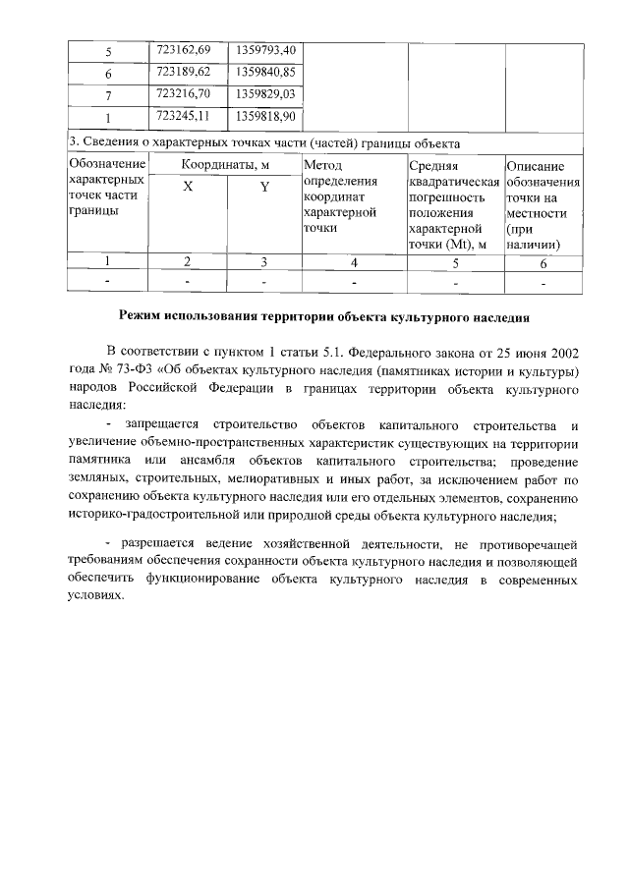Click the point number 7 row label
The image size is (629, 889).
[108, 95]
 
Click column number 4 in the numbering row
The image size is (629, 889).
[353, 262]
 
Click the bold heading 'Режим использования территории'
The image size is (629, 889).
[323, 317]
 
